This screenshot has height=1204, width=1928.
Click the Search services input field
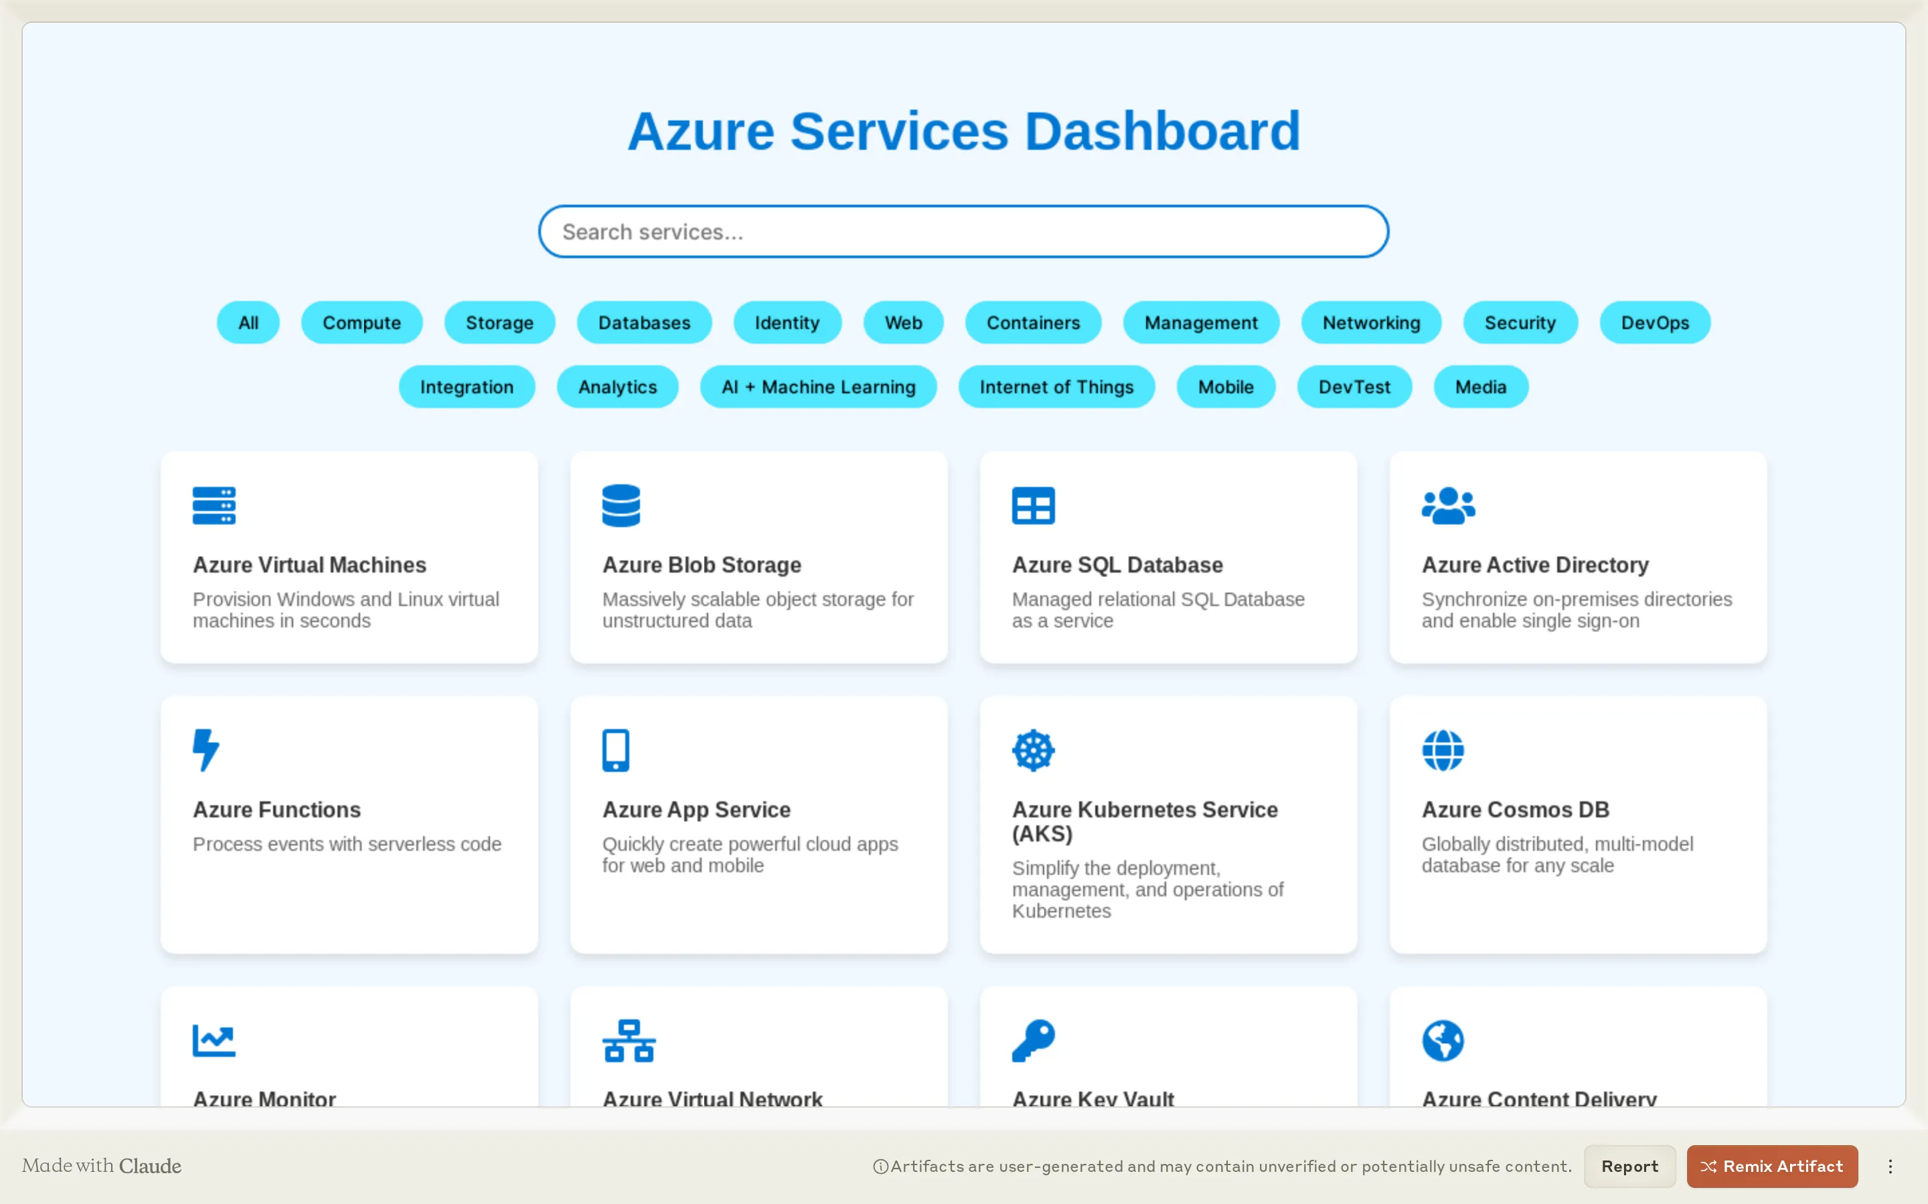963,231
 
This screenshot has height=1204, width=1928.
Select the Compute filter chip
361,322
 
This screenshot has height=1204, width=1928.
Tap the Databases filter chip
644,322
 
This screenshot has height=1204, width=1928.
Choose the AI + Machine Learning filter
818,387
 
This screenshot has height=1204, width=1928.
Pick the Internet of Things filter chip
1056,387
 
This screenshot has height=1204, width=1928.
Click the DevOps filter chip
1654,322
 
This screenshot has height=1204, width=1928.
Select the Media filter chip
1480,387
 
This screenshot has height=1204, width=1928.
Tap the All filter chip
248,322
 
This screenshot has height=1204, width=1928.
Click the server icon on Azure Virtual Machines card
214,506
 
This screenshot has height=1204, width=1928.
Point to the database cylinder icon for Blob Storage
621,506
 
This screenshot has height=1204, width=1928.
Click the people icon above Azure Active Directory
1447,506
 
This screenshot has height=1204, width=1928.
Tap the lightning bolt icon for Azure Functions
206,750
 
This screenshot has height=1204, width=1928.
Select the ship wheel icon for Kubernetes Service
1034,750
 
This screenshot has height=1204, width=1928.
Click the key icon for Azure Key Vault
1034,1040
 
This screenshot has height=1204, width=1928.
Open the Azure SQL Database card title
1117,565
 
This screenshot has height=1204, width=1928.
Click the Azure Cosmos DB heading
1516,809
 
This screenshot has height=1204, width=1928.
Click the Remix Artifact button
1772,1166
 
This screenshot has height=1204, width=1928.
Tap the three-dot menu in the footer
1890,1166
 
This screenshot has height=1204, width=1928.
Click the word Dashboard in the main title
1161,131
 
